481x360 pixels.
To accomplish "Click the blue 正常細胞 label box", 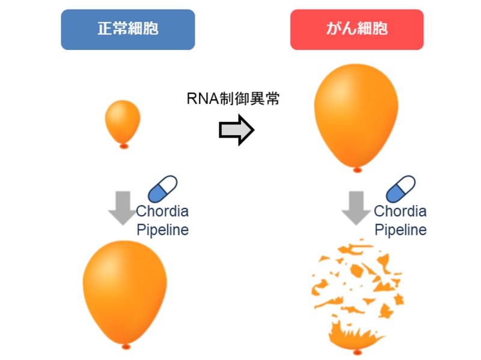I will point(127,29).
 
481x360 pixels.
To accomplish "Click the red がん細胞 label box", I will point(357,29).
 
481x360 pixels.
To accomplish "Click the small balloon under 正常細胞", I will point(123,120).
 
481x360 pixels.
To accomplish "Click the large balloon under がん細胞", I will point(357,114).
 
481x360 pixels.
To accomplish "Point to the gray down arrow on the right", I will point(357,207).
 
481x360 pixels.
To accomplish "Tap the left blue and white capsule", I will point(163,189).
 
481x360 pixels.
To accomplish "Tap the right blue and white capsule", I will point(400,188).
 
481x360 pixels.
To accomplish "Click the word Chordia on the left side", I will point(162,212).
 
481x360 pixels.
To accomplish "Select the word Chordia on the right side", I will point(400,212).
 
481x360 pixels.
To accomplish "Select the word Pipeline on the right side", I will point(400,230).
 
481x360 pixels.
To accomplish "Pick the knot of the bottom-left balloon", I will point(126,346).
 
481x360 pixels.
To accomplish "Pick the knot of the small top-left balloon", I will point(124,146).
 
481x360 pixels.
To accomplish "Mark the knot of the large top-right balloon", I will point(357,170).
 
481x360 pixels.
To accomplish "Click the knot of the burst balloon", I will point(357,351).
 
